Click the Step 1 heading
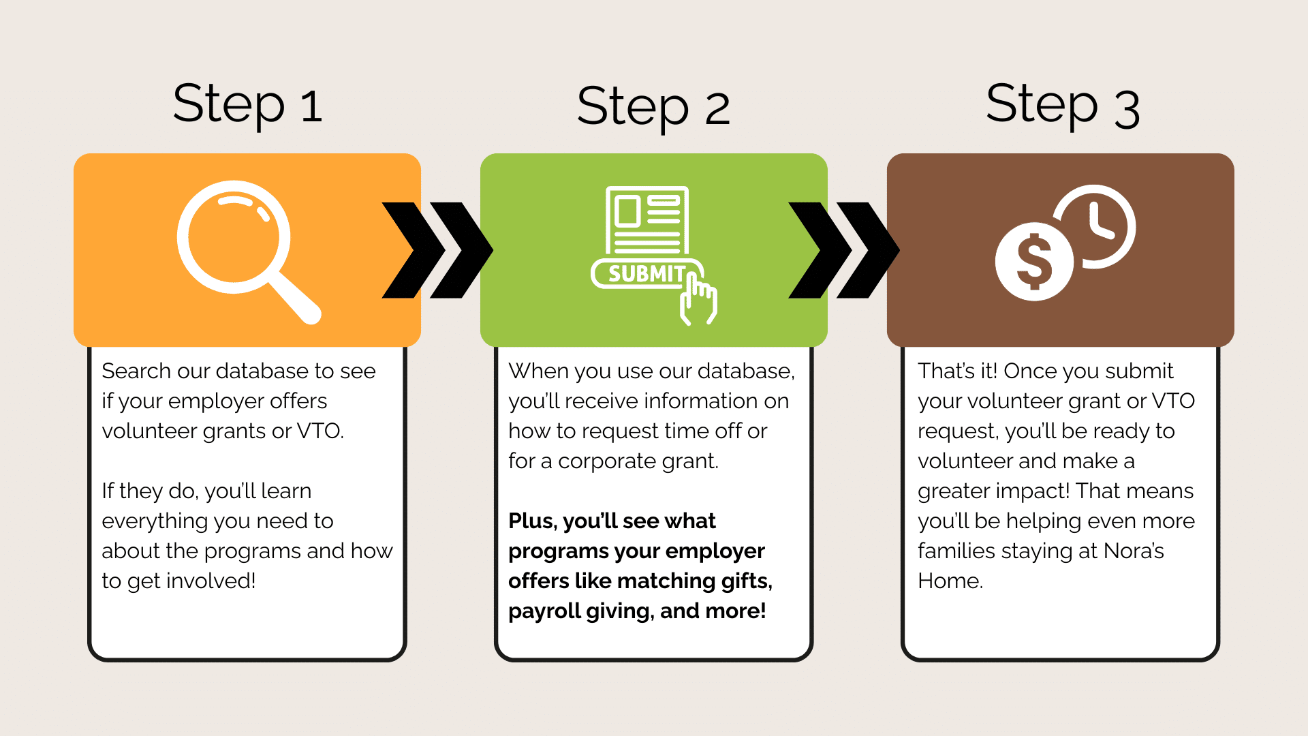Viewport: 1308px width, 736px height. pos(247,104)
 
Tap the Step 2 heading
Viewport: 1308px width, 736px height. pos(653,107)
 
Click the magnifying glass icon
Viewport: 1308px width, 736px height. pos(248,251)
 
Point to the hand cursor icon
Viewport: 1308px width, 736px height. pos(698,298)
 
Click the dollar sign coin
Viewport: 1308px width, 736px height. pos(1034,262)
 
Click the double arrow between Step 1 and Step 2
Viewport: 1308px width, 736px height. pos(437,250)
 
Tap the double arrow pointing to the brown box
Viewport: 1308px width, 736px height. pos(844,250)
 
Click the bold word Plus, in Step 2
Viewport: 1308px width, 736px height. pos(533,521)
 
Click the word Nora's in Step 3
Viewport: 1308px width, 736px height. pos(1134,551)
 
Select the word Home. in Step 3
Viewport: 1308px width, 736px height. pos(950,581)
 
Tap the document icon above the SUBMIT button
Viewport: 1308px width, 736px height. pos(647,220)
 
